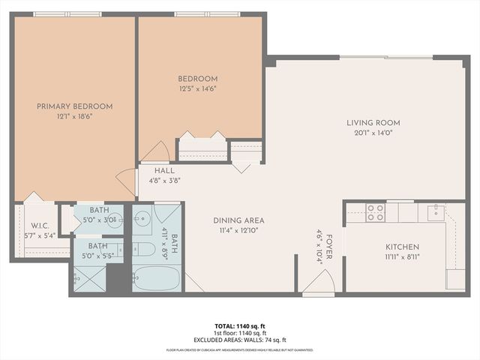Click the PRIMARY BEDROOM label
pyautogui.click(x=75, y=106)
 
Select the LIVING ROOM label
pyautogui.click(x=373, y=123)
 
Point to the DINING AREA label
pyautogui.click(x=238, y=220)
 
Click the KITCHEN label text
pyautogui.click(x=402, y=247)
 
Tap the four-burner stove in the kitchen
pyautogui.click(x=375, y=213)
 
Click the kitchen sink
pyautogui.click(x=435, y=213)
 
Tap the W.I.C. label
pyautogui.click(x=40, y=226)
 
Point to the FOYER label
pyautogui.click(x=328, y=247)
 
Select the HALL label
pyautogui.click(x=165, y=170)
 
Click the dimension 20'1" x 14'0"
pyautogui.click(x=373, y=133)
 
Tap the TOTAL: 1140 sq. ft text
pyautogui.click(x=239, y=326)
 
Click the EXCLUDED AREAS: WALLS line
pyautogui.click(x=239, y=340)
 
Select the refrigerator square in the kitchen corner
pyautogui.click(x=455, y=279)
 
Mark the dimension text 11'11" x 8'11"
pyautogui.click(x=402, y=257)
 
